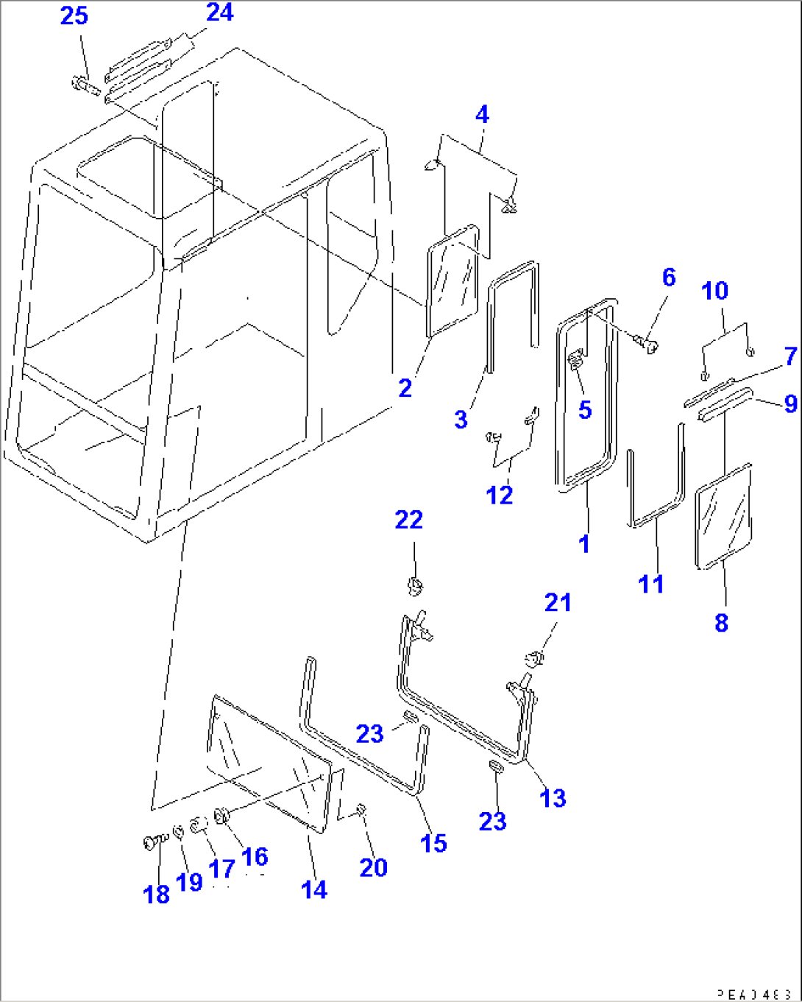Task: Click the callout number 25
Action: tap(74, 15)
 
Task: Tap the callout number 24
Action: tap(219, 13)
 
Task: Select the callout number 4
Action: tap(482, 115)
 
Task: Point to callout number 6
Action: tap(668, 278)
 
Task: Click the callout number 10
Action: tap(714, 291)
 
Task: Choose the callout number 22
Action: tap(409, 520)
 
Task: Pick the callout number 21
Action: tap(558, 603)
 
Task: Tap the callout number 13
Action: tap(553, 797)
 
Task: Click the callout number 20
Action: tap(373, 867)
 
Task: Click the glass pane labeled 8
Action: tap(723, 516)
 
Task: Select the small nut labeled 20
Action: tap(361, 810)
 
